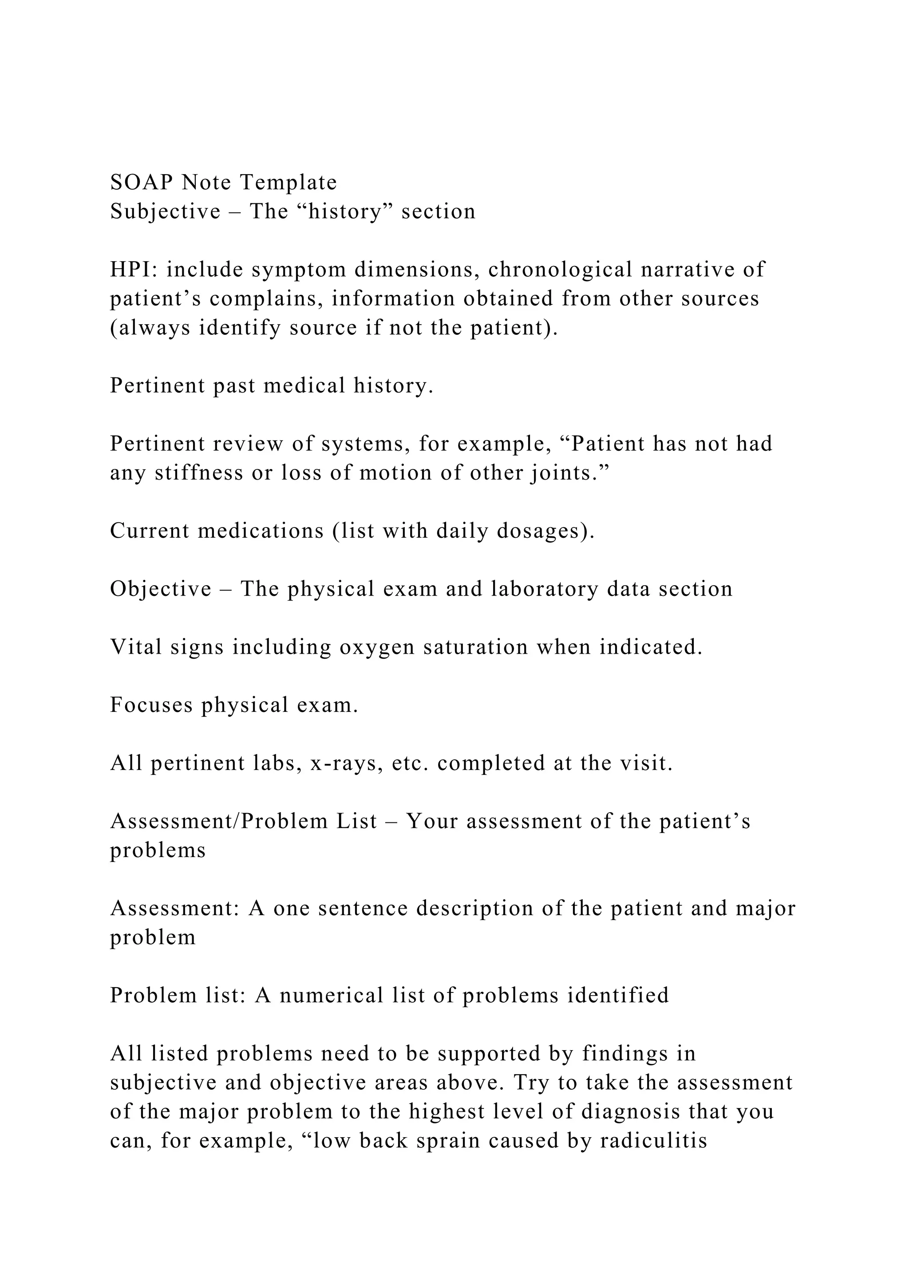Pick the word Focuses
151,705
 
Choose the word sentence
363,909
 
